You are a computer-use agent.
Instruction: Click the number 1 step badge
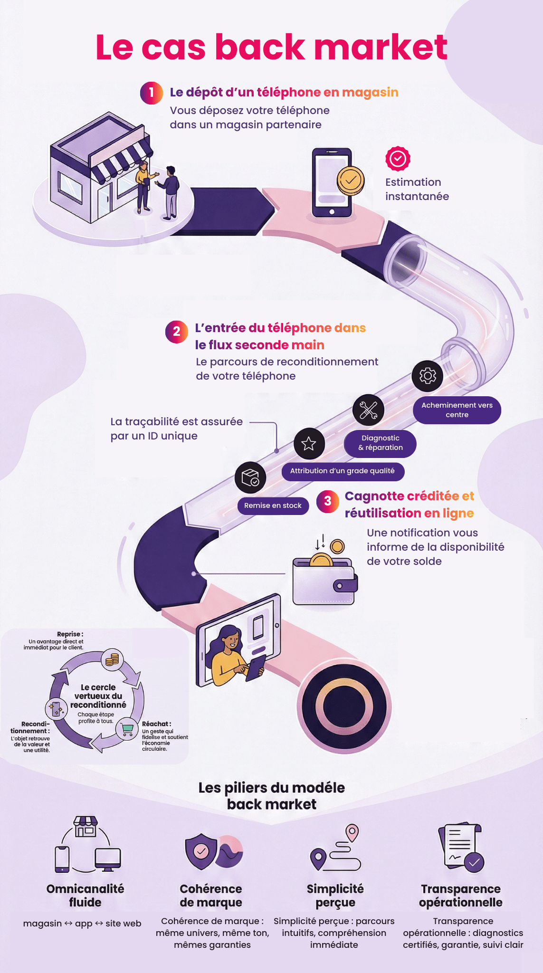click(x=151, y=93)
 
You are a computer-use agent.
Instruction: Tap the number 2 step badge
click(x=176, y=332)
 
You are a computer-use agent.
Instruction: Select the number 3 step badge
click(x=328, y=502)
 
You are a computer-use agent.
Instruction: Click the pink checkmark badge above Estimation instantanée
click(x=398, y=159)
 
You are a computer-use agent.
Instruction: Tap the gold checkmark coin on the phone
click(x=351, y=181)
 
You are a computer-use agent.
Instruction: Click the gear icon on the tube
click(x=428, y=376)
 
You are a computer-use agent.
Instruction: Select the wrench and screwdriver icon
click(x=369, y=410)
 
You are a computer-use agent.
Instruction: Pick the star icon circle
click(x=309, y=443)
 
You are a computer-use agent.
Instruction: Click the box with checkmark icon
click(x=250, y=477)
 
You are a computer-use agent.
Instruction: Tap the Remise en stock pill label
click(x=273, y=506)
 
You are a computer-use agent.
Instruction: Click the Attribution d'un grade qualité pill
click(x=343, y=471)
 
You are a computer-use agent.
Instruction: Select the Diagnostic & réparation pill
click(x=380, y=443)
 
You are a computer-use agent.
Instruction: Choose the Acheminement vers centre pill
click(x=457, y=410)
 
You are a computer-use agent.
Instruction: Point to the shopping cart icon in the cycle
click(x=127, y=728)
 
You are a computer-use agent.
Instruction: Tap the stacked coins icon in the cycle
click(x=113, y=659)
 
